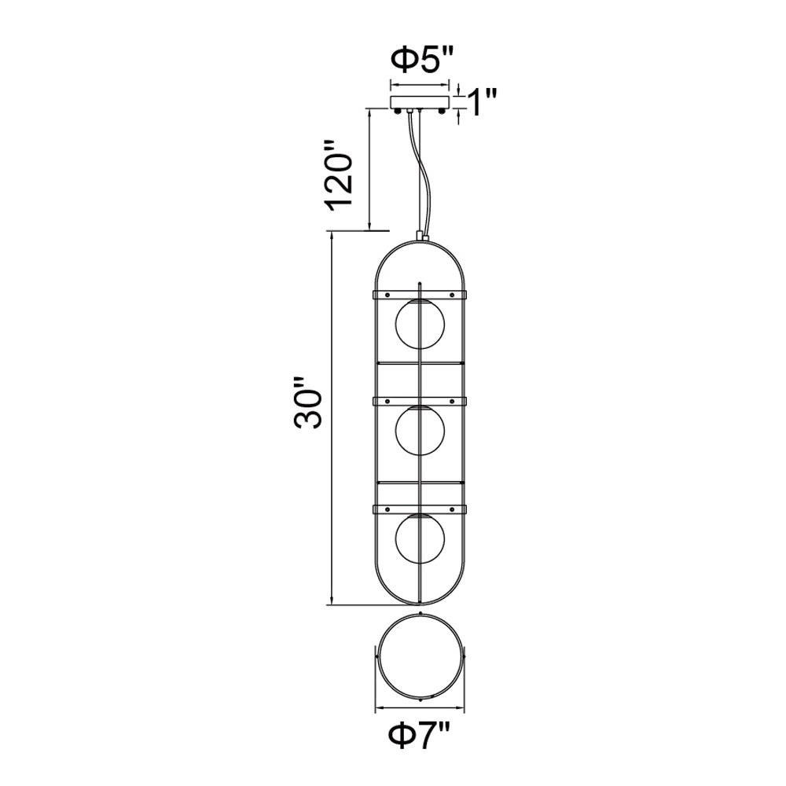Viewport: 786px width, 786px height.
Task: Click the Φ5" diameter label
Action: click(x=421, y=61)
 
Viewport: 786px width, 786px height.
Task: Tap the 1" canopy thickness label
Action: click(x=481, y=102)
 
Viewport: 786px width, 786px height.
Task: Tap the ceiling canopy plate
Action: click(x=420, y=102)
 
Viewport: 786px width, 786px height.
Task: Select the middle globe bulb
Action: click(x=420, y=431)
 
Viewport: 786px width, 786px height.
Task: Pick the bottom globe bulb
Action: click(x=420, y=538)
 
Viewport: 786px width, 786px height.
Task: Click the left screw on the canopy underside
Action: click(x=398, y=112)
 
